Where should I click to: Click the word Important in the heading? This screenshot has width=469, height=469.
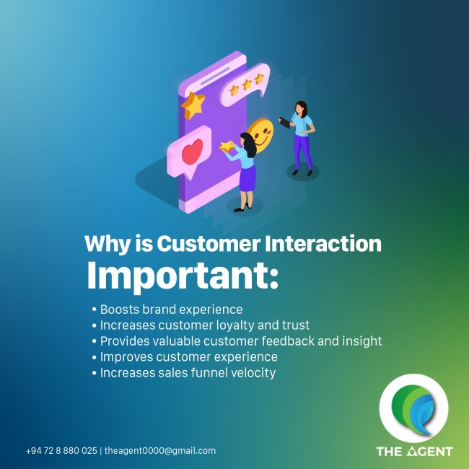pos(182,276)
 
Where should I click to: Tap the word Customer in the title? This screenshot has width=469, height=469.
pos(209,243)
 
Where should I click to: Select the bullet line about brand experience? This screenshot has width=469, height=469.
pos(167,310)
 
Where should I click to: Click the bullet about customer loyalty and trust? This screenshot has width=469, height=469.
pos(201,325)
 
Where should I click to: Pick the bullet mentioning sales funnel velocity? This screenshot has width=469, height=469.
pos(184,373)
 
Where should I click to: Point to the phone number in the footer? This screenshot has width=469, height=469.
pos(61,451)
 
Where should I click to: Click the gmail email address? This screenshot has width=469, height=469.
pos(160,451)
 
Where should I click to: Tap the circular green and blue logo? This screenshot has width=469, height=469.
pos(414,408)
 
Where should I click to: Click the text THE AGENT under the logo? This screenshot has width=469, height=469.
pos(415,452)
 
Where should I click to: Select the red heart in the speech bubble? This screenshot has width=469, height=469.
pos(193,152)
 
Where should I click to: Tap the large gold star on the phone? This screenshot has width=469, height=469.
pos(193,105)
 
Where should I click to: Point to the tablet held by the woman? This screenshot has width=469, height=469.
pos(284,123)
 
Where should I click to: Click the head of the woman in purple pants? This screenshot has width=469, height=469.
pos(301,108)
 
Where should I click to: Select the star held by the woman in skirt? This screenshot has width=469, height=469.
pos(227,146)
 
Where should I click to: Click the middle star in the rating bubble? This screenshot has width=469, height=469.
pos(247,84)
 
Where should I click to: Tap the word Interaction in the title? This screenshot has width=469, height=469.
pos(323,243)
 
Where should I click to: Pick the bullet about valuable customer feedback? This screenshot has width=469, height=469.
pos(237,341)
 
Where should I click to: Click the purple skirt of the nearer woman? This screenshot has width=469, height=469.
pos(247,178)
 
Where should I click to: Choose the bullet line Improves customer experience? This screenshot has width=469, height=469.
pos(185,357)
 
